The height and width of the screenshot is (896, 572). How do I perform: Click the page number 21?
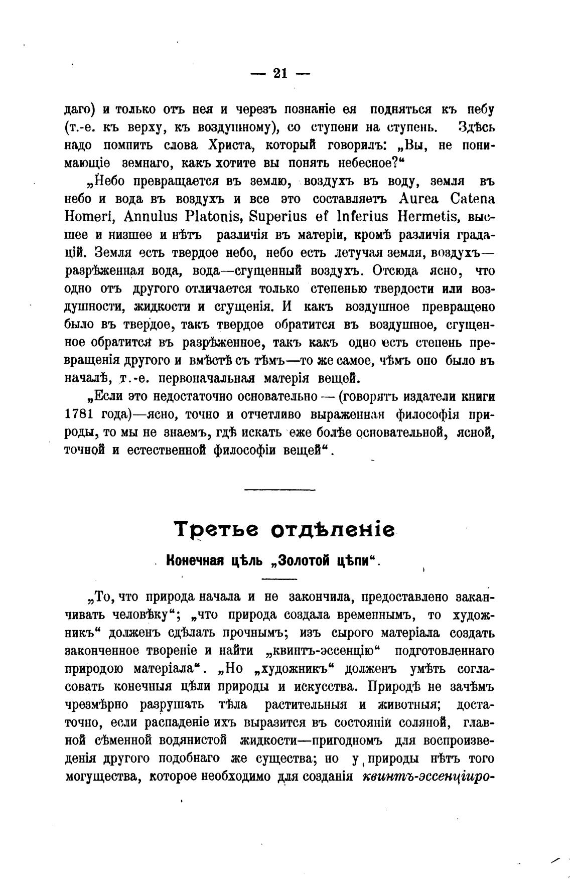tap(280, 73)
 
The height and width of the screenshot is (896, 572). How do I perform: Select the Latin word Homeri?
tap(90, 217)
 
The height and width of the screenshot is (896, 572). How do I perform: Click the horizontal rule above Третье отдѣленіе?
tap(279, 489)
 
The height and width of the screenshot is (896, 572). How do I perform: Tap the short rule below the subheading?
tap(279, 579)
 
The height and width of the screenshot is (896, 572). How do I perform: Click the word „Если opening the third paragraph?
tap(107, 396)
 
